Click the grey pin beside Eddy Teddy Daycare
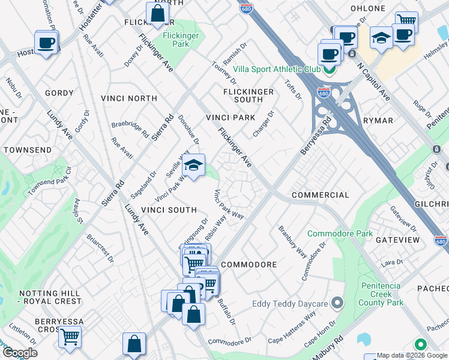338,302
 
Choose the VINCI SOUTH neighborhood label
169,209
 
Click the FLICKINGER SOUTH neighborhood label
248,95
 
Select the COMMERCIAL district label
320,195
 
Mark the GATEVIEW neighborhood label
397,239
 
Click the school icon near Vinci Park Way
193,166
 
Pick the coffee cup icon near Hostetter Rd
46,43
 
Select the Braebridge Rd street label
130,130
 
